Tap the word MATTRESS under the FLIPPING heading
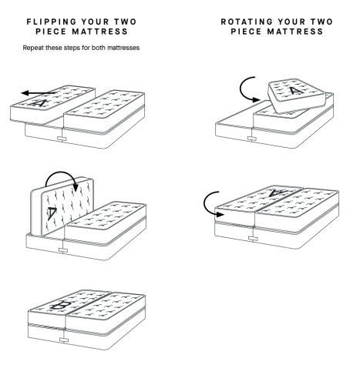99,32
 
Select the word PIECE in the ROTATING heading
246,32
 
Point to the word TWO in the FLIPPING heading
126,22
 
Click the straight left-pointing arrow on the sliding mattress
38,93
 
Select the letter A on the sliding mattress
40,103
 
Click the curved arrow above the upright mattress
62,179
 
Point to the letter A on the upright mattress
52,213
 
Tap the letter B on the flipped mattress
61,305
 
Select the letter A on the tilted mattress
296,90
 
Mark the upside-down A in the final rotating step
277,192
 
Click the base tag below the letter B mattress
64,340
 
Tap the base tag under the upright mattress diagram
63,249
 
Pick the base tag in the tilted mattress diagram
252,139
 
